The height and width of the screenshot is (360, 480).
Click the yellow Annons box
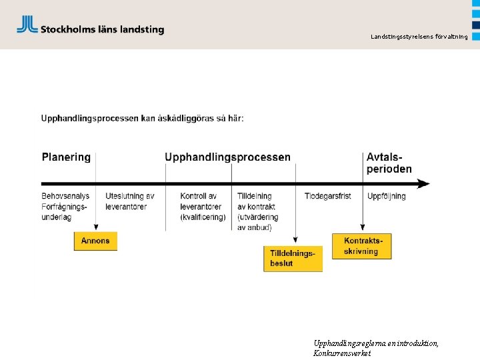[95, 241]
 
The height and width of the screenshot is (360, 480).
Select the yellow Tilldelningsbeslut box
[293, 259]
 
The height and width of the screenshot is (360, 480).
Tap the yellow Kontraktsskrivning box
[361, 246]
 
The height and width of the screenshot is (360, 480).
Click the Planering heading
[66, 157]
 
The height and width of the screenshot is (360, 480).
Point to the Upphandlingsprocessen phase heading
[227, 157]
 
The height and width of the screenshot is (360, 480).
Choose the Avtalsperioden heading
[389, 163]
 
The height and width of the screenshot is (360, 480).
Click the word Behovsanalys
[65, 196]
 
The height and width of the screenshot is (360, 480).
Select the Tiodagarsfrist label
[328, 196]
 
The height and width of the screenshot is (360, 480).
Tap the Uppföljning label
[387, 196]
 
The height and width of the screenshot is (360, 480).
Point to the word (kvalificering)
[203, 217]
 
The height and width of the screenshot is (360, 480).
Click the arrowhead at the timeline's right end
[425, 183]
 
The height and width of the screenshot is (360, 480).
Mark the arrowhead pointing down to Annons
[96, 227]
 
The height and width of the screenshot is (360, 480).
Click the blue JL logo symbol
[27, 25]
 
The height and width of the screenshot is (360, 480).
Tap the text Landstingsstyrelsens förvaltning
[419, 37]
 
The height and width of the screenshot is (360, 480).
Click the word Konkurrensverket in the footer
[342, 353]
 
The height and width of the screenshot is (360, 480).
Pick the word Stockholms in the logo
[67, 29]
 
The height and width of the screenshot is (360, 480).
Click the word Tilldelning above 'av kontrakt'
[255, 196]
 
